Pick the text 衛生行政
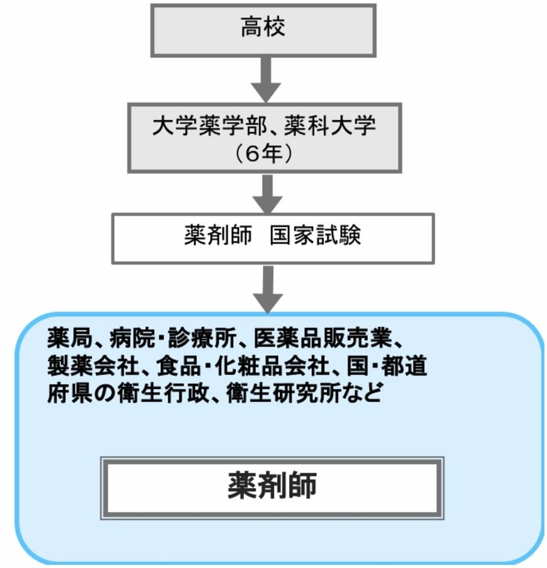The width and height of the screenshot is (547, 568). pos(170,393)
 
